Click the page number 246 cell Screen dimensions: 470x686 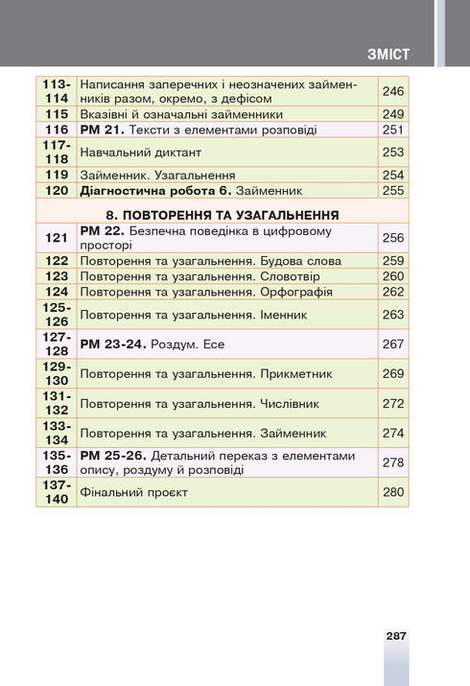pos(393,91)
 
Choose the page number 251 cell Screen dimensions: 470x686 pos(393,130)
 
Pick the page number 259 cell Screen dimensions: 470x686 pos(393,260)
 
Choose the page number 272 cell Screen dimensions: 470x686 pos(393,403)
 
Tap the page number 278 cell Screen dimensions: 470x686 pos(393,462)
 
